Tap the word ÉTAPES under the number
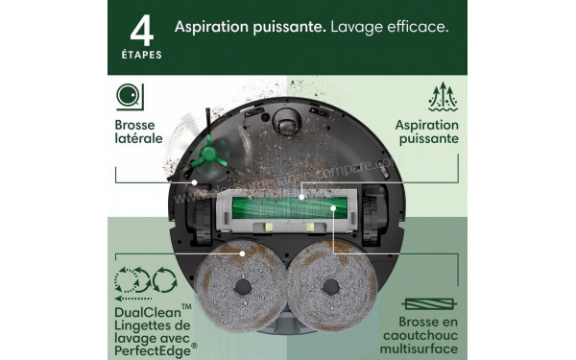click(142, 55)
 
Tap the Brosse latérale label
click(139, 132)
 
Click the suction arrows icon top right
click(444, 97)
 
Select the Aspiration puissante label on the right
click(426, 132)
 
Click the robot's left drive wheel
click(196, 214)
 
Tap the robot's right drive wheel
click(379, 214)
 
